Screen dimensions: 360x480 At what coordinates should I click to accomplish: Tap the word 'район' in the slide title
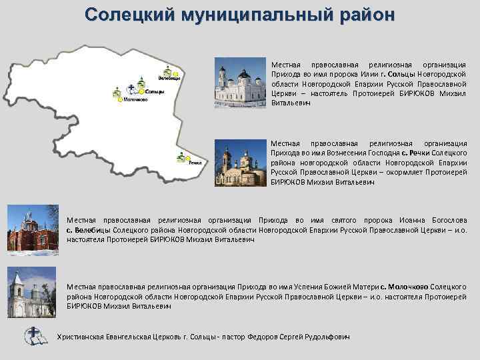click(x=363, y=14)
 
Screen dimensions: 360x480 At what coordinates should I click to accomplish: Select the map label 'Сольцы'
click(x=155, y=91)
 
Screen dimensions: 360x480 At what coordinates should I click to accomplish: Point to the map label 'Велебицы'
click(x=169, y=78)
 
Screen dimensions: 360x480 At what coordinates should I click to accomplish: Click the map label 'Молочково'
click(x=135, y=100)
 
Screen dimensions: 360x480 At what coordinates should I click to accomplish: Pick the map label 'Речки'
click(x=194, y=162)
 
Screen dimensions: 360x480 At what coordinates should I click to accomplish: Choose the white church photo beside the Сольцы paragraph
click(x=239, y=83)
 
